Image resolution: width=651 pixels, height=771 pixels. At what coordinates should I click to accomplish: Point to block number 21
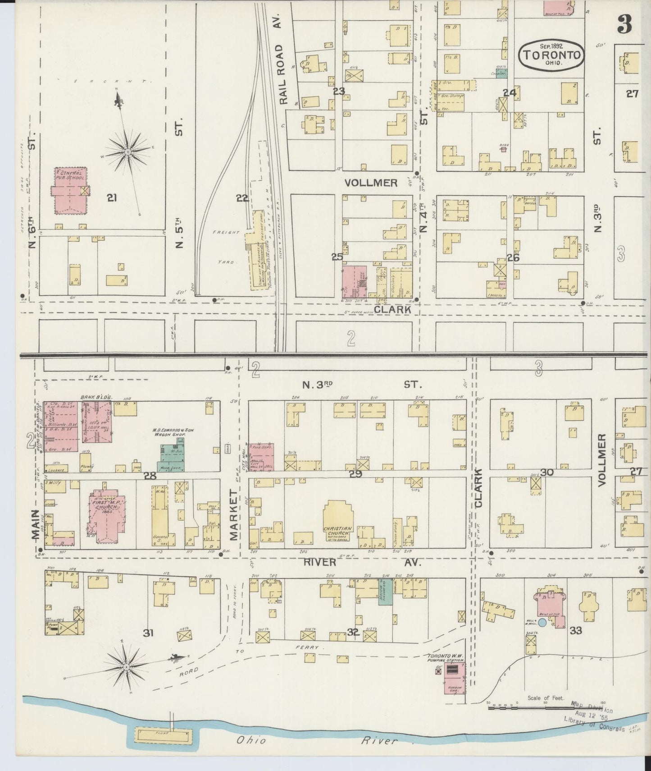112,197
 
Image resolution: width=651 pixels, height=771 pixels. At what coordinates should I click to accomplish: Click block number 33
576,630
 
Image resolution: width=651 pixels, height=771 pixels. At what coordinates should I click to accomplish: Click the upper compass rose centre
127,152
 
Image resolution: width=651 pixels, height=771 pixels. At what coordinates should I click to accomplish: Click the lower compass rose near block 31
127,666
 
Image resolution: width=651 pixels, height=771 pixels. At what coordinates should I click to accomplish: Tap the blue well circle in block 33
543,623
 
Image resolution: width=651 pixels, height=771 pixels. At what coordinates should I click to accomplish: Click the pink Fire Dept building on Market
261,456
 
